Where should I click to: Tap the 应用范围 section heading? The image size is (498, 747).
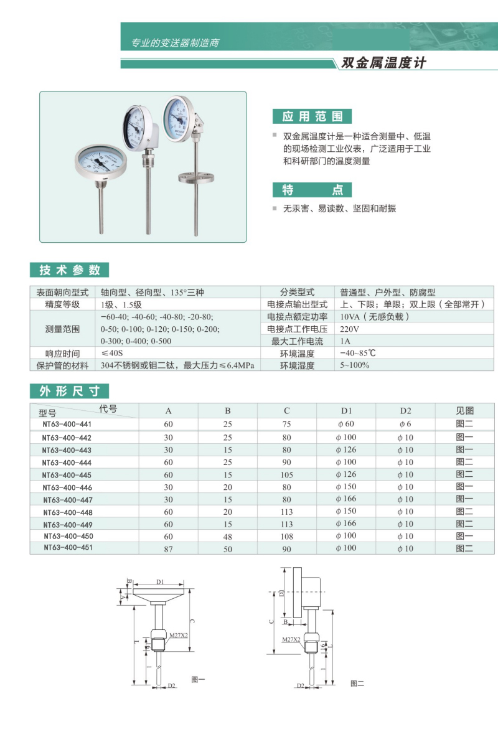point(312,116)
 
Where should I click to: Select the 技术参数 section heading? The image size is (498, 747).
point(70,270)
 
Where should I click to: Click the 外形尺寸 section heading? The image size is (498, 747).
point(70,391)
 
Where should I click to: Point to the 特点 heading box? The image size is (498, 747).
point(312,190)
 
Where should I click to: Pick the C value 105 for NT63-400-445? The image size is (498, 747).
point(286,474)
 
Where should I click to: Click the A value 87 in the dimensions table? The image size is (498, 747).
point(168,548)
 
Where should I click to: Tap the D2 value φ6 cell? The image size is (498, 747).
point(405,425)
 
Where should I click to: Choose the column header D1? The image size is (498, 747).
point(346,411)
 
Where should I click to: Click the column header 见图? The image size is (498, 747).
point(464,411)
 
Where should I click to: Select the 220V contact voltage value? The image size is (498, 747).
point(349,329)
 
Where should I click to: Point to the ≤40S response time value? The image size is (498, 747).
point(112,354)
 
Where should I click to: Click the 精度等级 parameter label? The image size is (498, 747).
point(62,304)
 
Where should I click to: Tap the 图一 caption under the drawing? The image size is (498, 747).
point(198,680)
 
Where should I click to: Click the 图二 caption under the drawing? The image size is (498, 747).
point(357,684)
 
